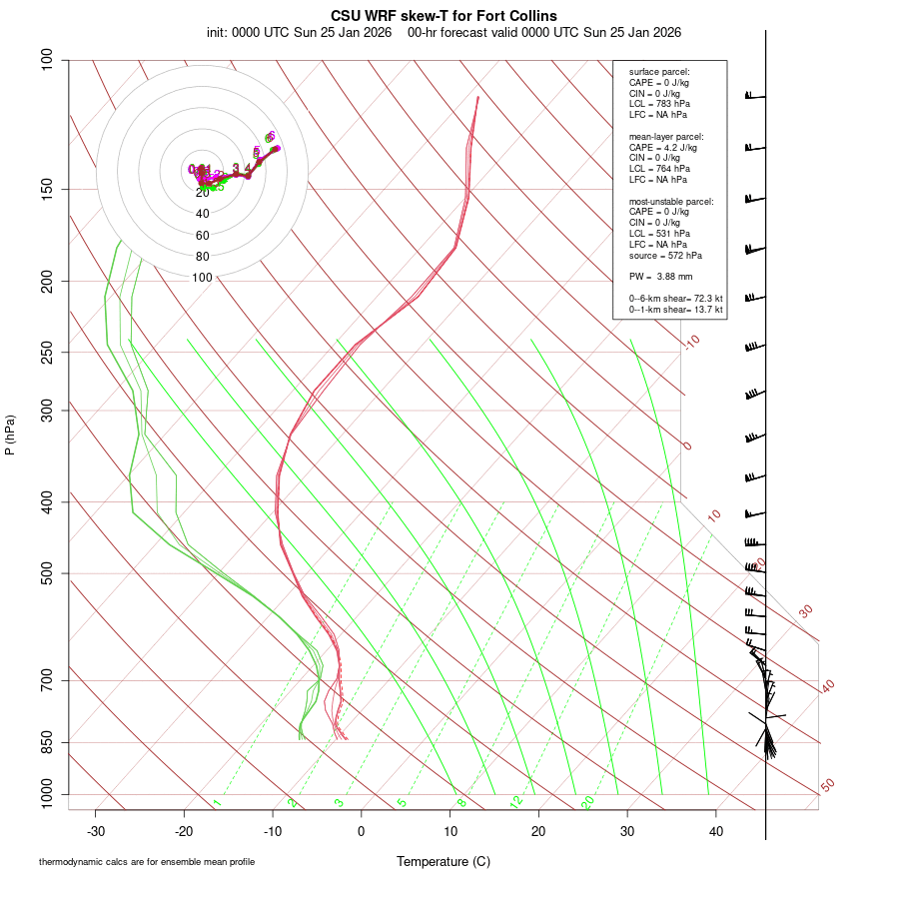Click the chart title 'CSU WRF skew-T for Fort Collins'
pos(444,16)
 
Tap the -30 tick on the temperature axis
pos(96,831)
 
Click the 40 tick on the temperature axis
pos(715,831)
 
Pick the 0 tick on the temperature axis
pos(362,831)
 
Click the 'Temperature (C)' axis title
pos(444,861)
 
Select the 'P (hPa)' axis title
pos(10,436)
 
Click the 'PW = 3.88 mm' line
pos(660,276)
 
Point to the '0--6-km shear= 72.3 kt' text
pos(675,299)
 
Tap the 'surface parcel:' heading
pos(659,72)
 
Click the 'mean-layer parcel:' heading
pos(666,136)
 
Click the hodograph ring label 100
pos(203,278)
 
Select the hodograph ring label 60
pos(203,236)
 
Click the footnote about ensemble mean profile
pos(146,862)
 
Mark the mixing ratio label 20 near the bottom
pos(587,802)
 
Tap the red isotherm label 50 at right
pos(827,786)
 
